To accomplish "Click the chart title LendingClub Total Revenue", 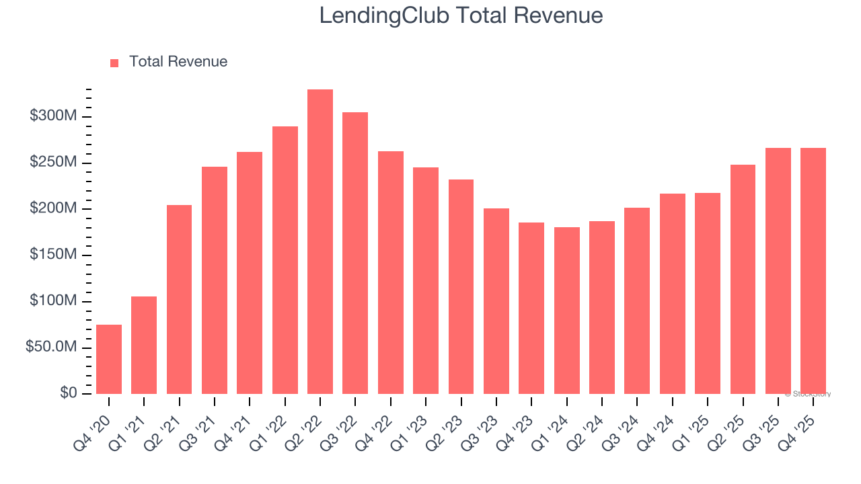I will coord(461,15).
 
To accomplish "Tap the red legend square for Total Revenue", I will coord(114,63).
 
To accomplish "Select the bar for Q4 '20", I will coord(109,359).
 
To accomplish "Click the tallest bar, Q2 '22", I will coord(320,241).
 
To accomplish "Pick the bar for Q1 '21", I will coord(144,345).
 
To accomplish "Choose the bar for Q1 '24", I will coord(566,311).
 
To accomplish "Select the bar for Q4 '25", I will coord(813,271).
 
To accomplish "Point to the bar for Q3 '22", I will coord(355,253).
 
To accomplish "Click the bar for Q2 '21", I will coord(179,299).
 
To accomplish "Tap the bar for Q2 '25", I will coord(743,279).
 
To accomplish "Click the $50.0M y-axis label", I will coord(51,348).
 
